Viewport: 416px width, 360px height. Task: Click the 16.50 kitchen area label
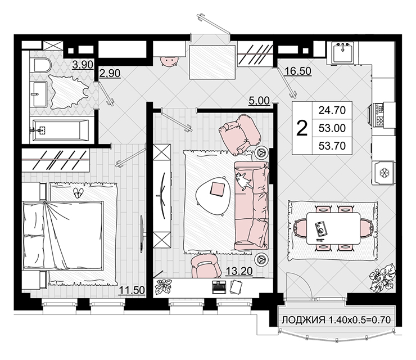coord(298,71)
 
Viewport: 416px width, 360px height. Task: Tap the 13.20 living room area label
coord(239,271)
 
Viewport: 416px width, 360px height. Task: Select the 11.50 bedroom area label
coord(132,290)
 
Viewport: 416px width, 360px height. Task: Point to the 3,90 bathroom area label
coord(83,65)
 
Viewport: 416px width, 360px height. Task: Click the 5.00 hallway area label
coord(259,101)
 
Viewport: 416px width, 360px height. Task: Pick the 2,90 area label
coord(110,73)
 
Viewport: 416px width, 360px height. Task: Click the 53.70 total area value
coord(332,146)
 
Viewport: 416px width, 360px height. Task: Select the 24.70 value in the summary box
coord(332,110)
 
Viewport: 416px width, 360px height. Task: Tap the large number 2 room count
coord(302,128)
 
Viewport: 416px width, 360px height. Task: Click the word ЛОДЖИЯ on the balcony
coord(304,320)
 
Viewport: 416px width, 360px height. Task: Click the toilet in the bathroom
coord(43,65)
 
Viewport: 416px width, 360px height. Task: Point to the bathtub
coord(60,130)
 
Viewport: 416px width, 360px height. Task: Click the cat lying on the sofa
coord(243,181)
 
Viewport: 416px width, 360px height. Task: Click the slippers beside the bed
coord(78,193)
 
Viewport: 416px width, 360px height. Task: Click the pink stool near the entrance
coord(169,61)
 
